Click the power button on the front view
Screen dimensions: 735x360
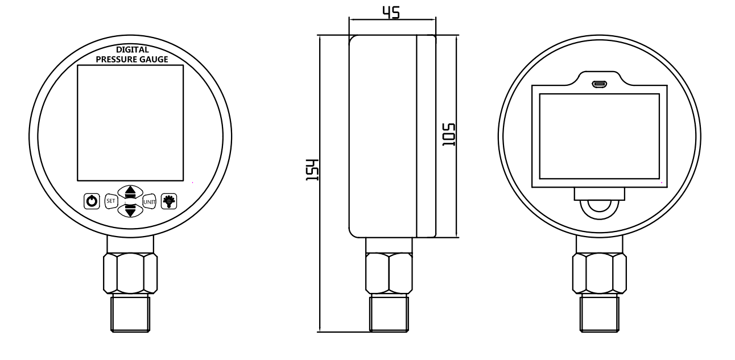coord(92,201)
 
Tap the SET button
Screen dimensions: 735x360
coord(111,201)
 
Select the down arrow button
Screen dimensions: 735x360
coord(130,210)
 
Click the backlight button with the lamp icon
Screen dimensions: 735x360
coord(169,201)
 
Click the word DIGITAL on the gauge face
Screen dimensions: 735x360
coord(132,49)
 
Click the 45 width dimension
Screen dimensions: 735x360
coord(391,13)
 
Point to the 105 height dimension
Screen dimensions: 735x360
coord(449,135)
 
